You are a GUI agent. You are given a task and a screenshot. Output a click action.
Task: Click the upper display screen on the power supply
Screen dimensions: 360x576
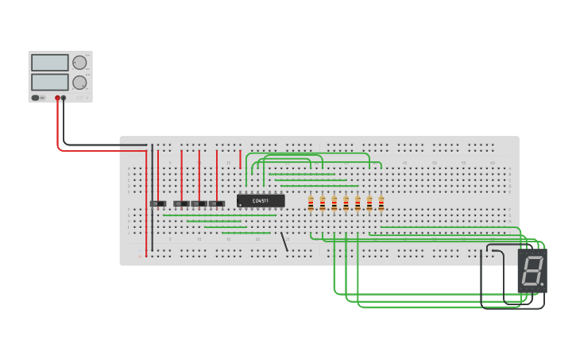[49, 63]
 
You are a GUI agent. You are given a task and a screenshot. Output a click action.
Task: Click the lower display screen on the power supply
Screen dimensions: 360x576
[49, 82]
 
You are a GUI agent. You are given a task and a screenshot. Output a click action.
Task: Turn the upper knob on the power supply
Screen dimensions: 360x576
[79, 63]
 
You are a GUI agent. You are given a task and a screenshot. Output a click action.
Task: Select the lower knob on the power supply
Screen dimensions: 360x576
[79, 83]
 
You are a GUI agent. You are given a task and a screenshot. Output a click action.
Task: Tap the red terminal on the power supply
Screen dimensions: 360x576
[57, 98]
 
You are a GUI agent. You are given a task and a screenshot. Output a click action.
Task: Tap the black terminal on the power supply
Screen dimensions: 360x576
[64, 98]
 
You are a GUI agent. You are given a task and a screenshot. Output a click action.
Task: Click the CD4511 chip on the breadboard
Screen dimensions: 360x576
[261, 201]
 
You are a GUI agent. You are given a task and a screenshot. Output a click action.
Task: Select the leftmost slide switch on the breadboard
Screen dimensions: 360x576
[158, 203]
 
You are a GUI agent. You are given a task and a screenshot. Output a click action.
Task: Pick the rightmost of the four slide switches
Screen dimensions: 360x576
[217, 203]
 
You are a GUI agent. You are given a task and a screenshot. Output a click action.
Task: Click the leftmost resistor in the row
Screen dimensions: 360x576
[311, 203]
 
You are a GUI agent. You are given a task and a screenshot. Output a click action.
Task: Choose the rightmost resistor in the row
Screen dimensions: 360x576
[381, 203]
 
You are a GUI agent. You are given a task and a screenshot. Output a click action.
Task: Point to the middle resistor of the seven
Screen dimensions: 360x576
[346, 203]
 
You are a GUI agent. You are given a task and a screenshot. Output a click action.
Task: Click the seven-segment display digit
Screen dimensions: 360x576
[532, 271]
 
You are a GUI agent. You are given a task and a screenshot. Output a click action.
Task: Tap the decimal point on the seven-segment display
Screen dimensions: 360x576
[543, 285]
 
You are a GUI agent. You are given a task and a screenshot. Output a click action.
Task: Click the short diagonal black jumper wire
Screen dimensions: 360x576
[284, 242]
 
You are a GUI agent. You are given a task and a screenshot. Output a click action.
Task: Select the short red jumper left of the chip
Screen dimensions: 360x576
[240, 159]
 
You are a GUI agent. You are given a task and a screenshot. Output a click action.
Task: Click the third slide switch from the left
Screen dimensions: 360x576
[199, 203]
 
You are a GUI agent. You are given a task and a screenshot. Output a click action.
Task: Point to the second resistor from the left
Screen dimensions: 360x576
[323, 203]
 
